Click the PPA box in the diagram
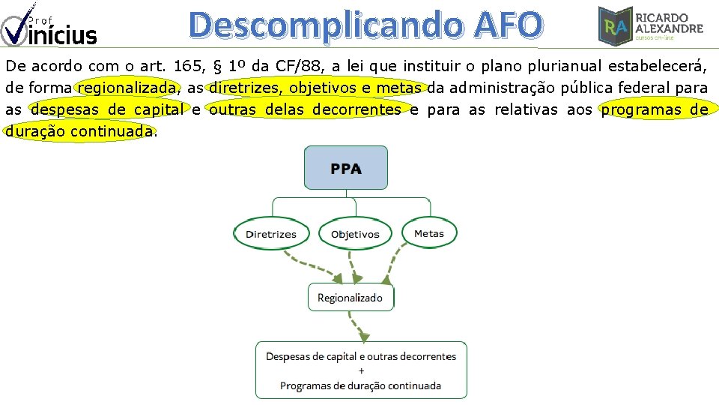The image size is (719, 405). tap(345, 167)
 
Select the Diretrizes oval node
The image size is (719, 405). tap(270, 234)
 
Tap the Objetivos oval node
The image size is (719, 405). tap(355, 234)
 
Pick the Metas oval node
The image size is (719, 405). tap(428, 233)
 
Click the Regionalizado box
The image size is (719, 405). tap(350, 298)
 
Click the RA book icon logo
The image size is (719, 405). tap(614, 25)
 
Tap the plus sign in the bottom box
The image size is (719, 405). tap(361, 370)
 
